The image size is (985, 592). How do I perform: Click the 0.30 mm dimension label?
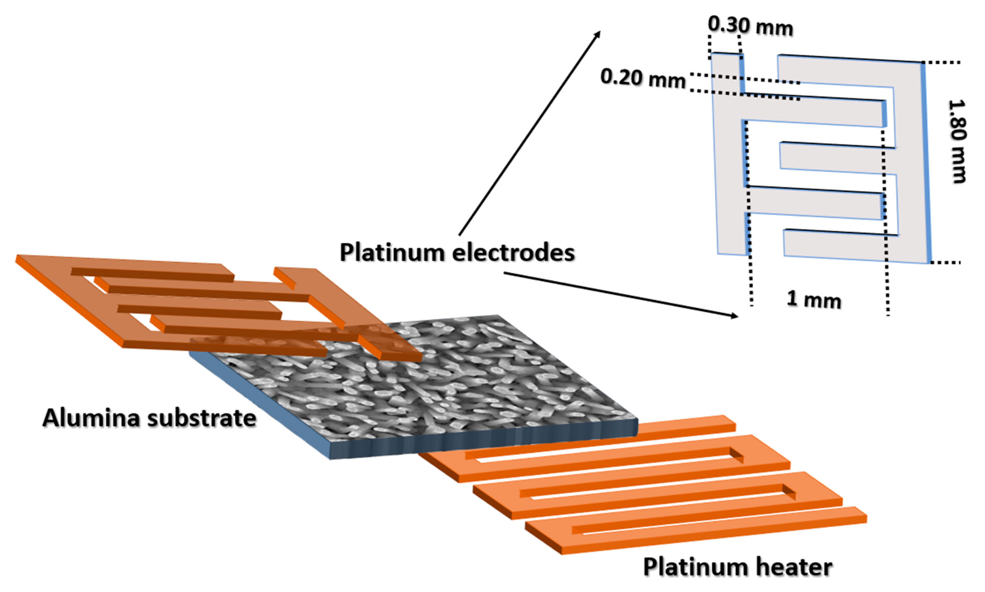750,26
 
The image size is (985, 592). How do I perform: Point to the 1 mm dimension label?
813,299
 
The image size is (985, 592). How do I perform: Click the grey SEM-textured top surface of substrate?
418,391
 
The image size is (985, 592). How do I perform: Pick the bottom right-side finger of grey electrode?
837,243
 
